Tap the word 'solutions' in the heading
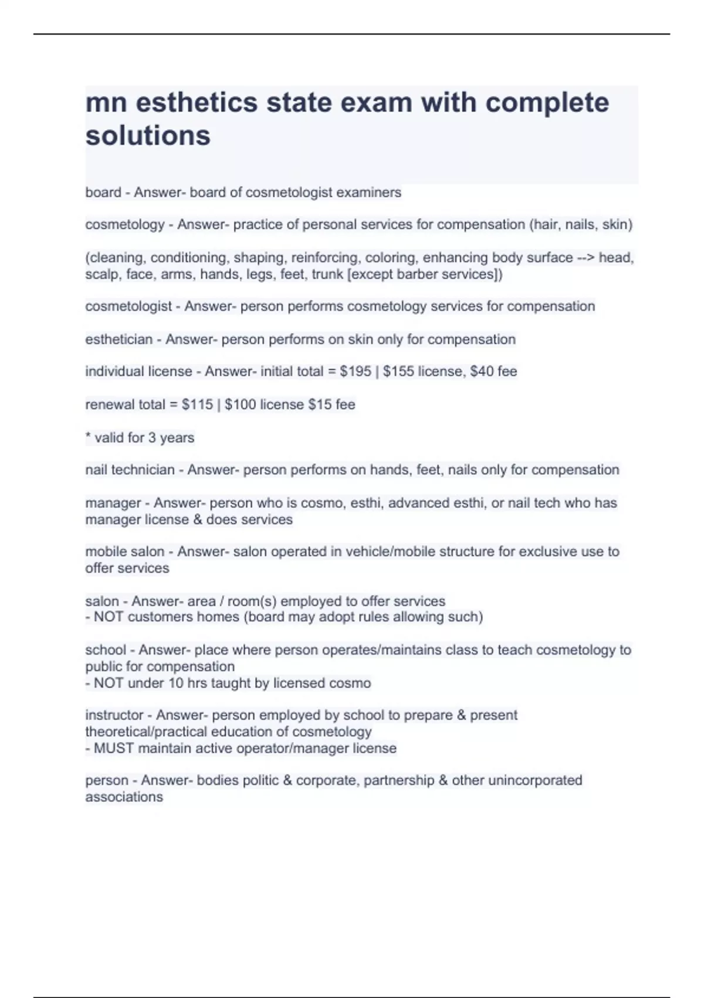coord(148,136)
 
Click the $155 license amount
coord(398,372)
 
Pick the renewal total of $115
coord(197,404)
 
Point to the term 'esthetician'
coord(119,339)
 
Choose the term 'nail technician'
coord(130,470)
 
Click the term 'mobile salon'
coord(124,552)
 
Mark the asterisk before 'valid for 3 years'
coord(88,437)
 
